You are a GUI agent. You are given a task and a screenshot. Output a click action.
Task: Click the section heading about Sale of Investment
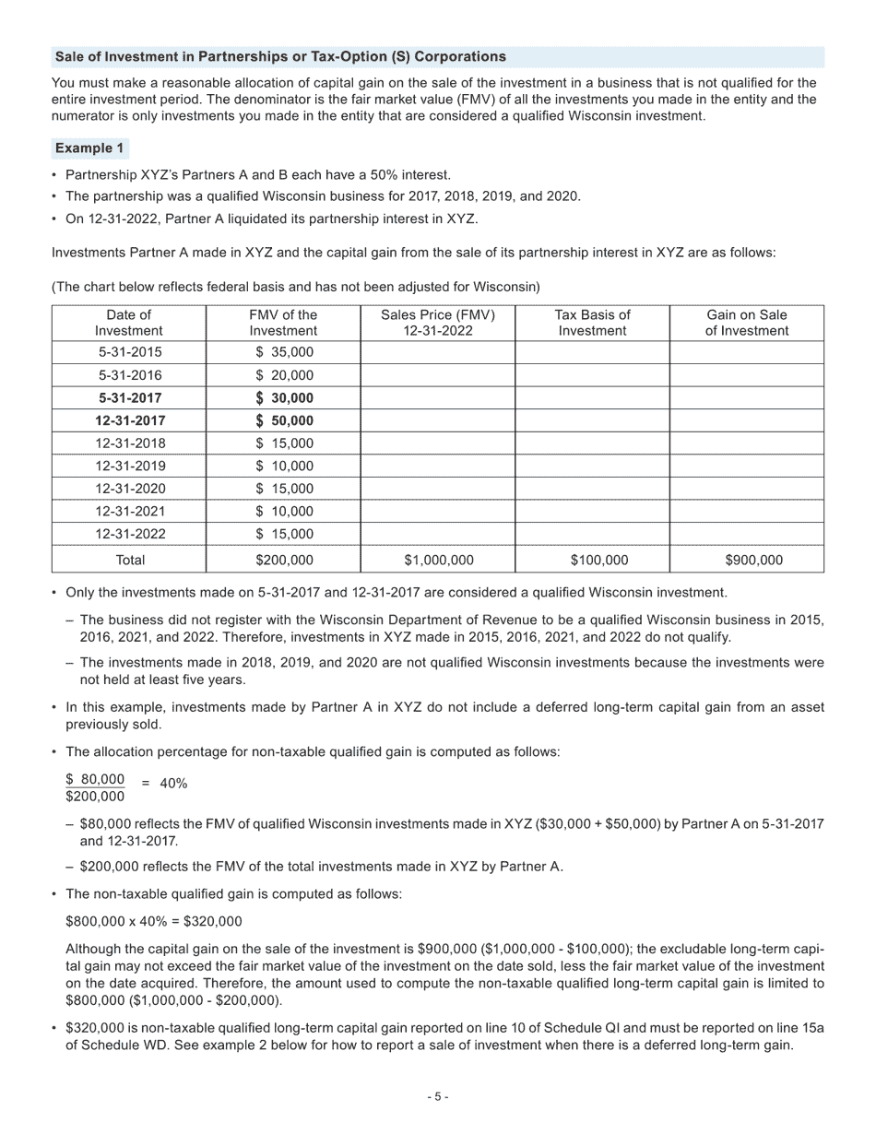coord(280,57)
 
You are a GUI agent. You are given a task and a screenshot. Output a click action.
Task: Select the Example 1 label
coord(89,148)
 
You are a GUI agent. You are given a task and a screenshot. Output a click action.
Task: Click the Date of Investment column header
coord(129,323)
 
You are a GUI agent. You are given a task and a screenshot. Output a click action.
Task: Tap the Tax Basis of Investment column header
coord(592,323)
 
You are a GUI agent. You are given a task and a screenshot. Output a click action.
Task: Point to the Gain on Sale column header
coord(747,323)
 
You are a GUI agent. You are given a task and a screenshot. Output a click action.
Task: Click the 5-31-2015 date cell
coord(129,352)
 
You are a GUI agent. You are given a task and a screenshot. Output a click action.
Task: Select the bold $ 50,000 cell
coord(284,420)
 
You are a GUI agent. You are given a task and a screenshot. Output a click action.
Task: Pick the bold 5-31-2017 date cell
coord(129,398)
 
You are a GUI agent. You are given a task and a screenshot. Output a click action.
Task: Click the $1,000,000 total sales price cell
coord(437,560)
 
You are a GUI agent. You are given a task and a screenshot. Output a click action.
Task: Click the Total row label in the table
coord(129,560)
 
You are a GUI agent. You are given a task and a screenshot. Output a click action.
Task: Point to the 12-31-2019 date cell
coord(129,466)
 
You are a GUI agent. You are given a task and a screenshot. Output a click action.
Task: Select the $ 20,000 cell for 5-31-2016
coord(284,375)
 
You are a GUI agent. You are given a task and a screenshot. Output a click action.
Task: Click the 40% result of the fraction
coord(173,784)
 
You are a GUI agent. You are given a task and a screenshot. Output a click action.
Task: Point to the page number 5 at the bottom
coord(438,1097)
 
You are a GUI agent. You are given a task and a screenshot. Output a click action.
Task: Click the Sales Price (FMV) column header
coord(437,323)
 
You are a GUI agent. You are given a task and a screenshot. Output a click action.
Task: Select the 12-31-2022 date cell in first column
coord(129,534)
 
